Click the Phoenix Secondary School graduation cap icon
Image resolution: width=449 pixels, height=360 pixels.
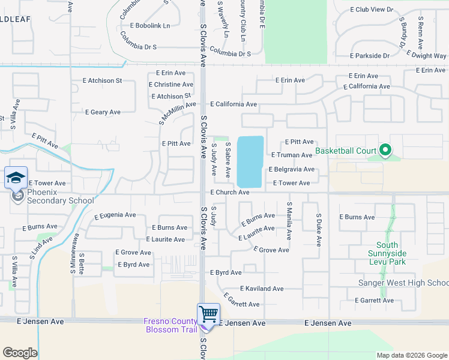[16, 178]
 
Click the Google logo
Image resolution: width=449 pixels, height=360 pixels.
[20, 353]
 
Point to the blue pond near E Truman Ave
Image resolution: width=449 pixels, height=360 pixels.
[250, 161]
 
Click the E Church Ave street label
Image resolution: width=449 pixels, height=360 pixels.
[229, 193]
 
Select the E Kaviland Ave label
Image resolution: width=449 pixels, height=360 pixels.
[262, 289]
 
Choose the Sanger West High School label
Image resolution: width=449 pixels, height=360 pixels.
[403, 283]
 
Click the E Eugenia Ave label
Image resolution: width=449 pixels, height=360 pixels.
[115, 215]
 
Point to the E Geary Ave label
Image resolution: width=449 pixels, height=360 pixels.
[103, 112]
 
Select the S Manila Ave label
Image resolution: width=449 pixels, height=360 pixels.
[289, 221]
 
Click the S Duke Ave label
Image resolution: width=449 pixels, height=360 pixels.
[318, 229]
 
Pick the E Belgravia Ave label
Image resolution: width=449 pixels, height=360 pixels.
[291, 170]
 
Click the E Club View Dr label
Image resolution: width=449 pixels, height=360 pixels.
[371, 10]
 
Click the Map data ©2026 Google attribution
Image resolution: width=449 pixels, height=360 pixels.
[411, 355]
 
